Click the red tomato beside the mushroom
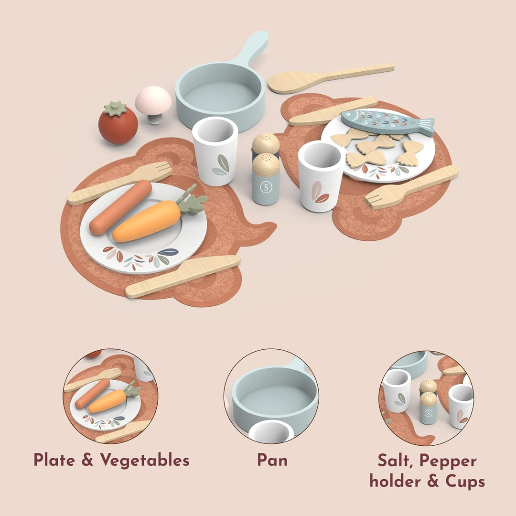118,126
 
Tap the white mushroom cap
153,100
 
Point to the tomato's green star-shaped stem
115,108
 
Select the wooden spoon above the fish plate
331,78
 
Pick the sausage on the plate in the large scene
120,207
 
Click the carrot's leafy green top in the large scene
192,201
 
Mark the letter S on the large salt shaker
266,187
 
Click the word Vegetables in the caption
145,460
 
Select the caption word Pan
272,460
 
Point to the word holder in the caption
395,481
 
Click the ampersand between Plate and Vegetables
87,460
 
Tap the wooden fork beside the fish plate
412,187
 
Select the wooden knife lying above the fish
333,111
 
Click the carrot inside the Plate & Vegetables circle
107,401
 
